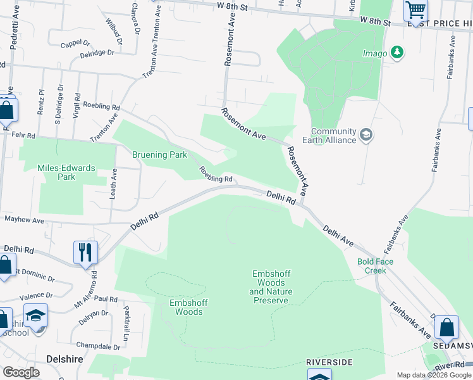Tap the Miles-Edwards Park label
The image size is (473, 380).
(x=66, y=172)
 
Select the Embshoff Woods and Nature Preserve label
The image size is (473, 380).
(x=271, y=287)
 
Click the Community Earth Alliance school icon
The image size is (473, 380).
(x=366, y=135)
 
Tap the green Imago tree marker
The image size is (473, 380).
(x=397, y=53)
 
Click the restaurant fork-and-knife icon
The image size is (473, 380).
(x=84, y=252)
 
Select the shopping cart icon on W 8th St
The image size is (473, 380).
(x=415, y=9)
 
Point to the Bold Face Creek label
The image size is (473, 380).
(x=375, y=266)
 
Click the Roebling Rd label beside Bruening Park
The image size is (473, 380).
(x=217, y=175)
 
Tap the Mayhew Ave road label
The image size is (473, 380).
(x=24, y=220)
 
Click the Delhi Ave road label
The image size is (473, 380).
(x=338, y=235)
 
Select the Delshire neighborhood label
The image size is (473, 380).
(x=66, y=358)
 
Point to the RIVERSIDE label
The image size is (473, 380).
(x=329, y=362)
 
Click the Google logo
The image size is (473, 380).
(x=21, y=372)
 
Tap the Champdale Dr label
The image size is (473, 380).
(x=98, y=346)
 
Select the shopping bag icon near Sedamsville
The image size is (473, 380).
(x=446, y=327)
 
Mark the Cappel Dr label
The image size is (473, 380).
(x=76, y=44)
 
